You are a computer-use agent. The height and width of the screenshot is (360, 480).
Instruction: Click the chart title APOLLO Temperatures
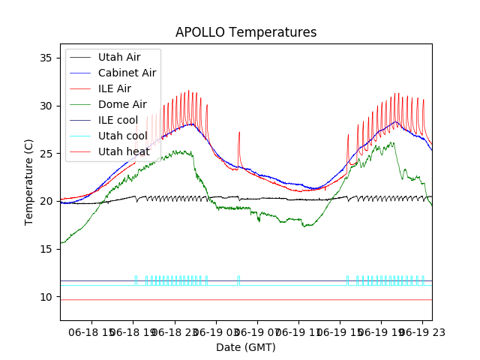click(x=246, y=33)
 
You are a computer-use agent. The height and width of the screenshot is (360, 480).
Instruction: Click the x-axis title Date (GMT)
click(x=246, y=347)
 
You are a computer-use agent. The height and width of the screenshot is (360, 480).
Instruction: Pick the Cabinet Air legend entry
click(x=127, y=73)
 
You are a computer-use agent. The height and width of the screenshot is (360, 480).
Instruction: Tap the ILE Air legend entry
click(x=114, y=88)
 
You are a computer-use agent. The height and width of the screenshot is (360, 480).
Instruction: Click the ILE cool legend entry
click(x=118, y=120)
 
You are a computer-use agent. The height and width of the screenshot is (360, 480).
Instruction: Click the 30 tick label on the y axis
click(x=48, y=106)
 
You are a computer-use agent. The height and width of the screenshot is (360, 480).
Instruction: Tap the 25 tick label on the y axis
click(x=48, y=154)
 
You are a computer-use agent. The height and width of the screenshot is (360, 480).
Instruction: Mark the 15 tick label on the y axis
click(x=48, y=249)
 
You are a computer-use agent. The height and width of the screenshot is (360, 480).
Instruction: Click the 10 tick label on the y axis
click(x=48, y=297)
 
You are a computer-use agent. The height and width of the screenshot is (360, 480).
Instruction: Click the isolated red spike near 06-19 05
click(x=239, y=139)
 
